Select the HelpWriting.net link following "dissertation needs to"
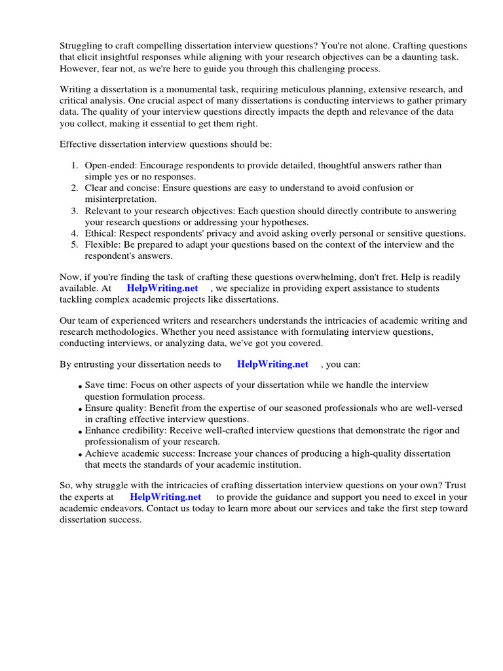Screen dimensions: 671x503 pyautogui.click(x=272, y=364)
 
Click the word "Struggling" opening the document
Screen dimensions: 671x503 pyautogui.click(x=82, y=45)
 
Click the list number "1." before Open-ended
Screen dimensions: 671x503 pyautogui.click(x=75, y=165)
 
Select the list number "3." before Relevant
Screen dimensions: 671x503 pyautogui.click(x=75, y=211)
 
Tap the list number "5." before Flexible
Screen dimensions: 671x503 pyautogui.click(x=75, y=244)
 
